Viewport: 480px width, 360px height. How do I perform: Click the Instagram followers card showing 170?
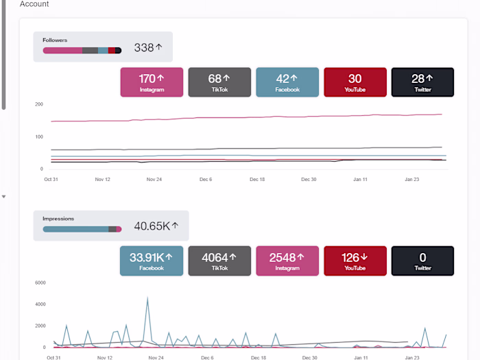coord(152,82)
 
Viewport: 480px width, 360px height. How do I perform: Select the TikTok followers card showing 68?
coord(219,82)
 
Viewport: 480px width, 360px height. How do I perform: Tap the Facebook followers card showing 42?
coord(287,82)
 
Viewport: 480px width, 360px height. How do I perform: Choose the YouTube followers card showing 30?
coord(355,82)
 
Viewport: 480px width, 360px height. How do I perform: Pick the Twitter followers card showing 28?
coord(422,82)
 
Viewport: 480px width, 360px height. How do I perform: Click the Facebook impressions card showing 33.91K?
coord(152,261)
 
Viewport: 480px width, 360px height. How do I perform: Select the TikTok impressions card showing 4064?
coord(219,261)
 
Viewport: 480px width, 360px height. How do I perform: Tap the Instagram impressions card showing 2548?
coord(287,261)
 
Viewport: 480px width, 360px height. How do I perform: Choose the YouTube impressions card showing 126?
coord(355,261)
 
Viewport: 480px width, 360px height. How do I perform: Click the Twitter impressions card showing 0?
coord(422,261)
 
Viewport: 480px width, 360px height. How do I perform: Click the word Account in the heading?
coord(34,4)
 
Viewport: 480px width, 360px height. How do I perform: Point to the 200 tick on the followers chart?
coord(39,104)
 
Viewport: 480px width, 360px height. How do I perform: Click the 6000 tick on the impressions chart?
coord(40,283)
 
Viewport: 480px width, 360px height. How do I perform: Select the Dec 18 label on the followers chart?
coord(258,179)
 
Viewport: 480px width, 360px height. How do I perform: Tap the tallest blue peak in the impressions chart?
coord(147,298)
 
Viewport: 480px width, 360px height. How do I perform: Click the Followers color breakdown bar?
coord(82,50)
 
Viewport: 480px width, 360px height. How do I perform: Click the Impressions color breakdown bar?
coord(82,229)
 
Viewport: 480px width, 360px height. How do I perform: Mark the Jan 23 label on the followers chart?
coord(412,179)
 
